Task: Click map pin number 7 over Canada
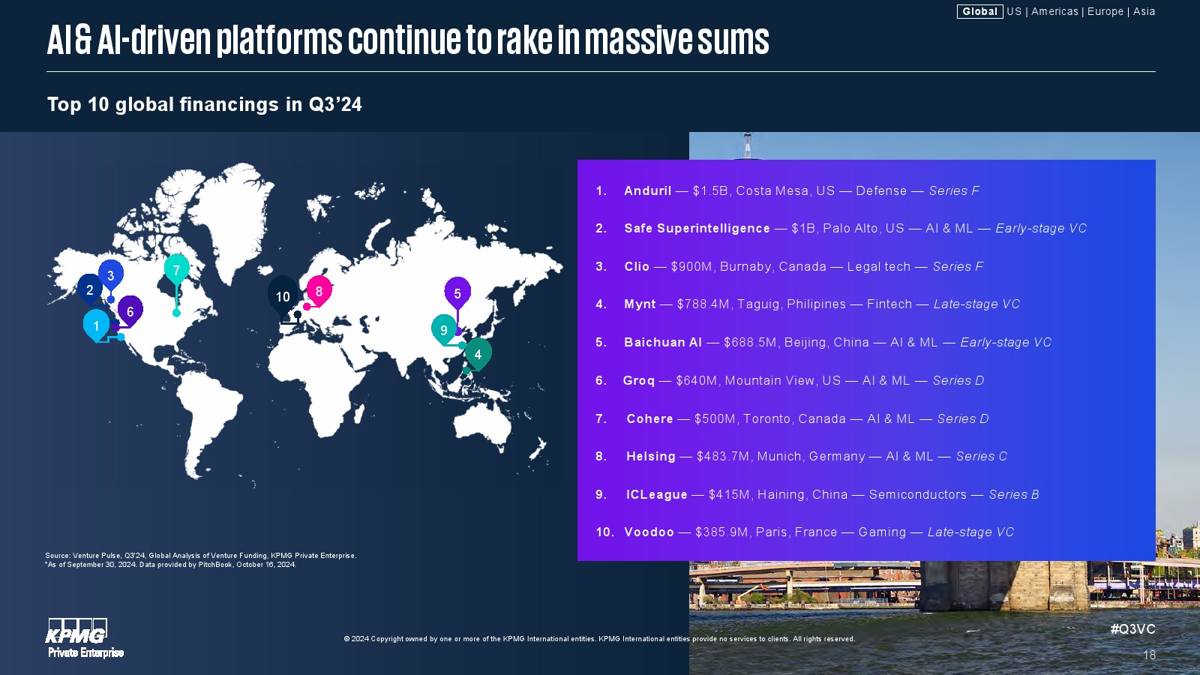[x=177, y=269]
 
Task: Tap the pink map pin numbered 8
[x=319, y=291]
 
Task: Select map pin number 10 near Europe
[x=283, y=296]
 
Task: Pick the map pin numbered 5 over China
[x=457, y=293]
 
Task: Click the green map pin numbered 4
[x=478, y=353]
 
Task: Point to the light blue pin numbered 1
[x=97, y=325]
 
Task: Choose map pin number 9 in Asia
[x=443, y=329]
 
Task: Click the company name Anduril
[x=647, y=190]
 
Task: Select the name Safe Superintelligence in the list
[x=697, y=228]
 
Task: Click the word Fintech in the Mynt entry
[x=889, y=304]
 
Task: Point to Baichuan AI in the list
[x=663, y=342]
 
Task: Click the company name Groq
[x=638, y=381]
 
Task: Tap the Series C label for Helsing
[x=982, y=457]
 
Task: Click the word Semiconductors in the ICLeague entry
[x=918, y=494]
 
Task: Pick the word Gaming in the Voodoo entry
[x=882, y=532]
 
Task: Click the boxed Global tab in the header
[x=979, y=11]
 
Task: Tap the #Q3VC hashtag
[x=1132, y=629]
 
